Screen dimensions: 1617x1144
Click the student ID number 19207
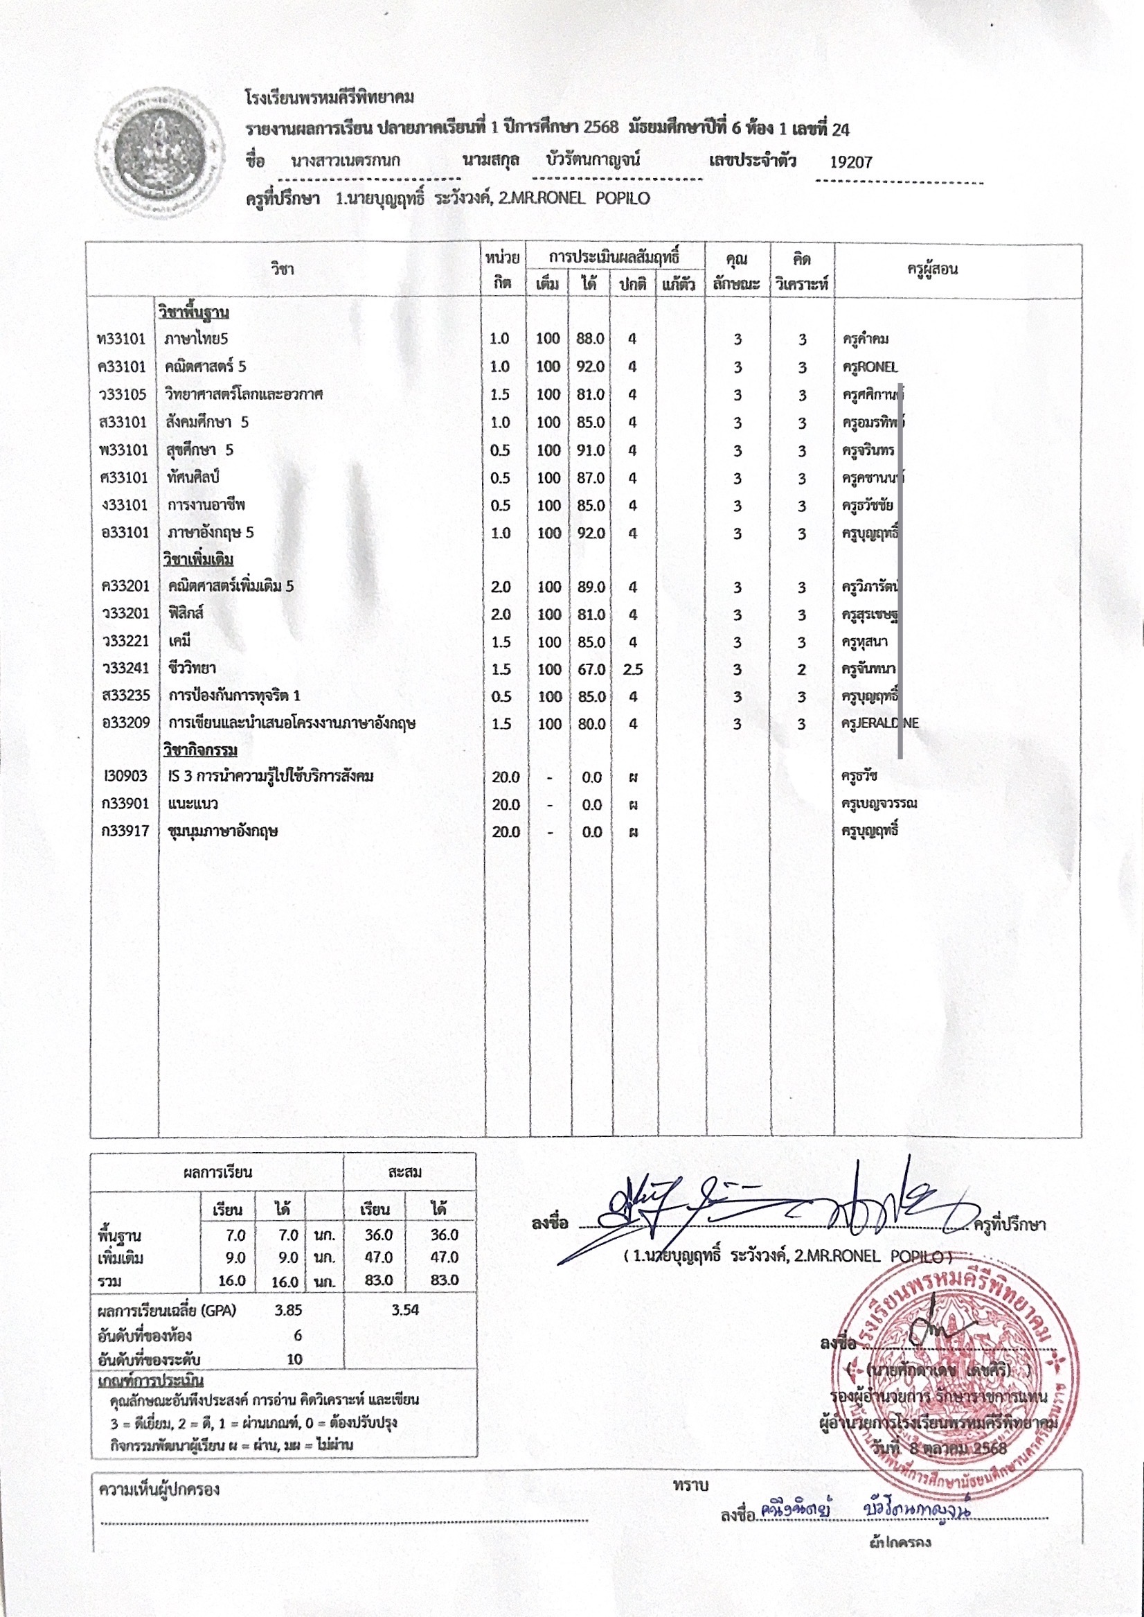(850, 162)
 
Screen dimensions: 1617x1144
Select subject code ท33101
(122, 339)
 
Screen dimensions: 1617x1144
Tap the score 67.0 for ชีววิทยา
(591, 669)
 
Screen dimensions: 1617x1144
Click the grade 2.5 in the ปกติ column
(632, 669)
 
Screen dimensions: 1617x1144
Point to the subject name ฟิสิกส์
(186, 613)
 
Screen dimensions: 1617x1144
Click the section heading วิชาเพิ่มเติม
(198, 559)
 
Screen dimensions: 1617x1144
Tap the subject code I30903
(125, 777)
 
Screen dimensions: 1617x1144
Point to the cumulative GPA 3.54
(405, 1310)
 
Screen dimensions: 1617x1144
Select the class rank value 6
(298, 1335)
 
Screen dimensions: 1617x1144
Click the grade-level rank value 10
(294, 1359)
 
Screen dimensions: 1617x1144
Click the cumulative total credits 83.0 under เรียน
(378, 1280)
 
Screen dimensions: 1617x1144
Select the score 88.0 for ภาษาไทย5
(589, 339)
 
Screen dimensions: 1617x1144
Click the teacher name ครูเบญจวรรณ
(879, 804)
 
